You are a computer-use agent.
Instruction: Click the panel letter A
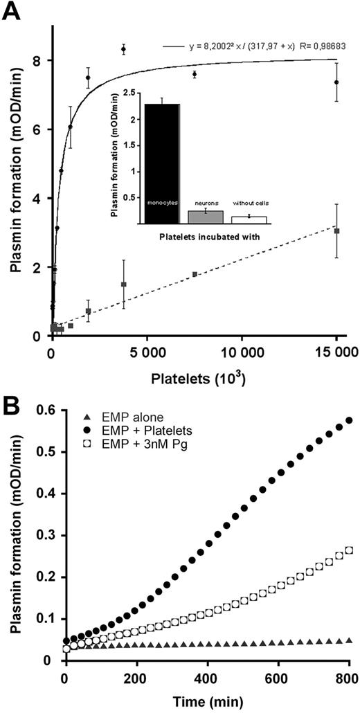pos(11,12)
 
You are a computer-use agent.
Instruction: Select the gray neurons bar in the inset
pos(205,217)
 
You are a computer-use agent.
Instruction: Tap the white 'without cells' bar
pos(249,219)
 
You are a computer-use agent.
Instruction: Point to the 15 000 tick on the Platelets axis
pos(336,352)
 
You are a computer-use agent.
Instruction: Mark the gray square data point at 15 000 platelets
pos(336,231)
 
